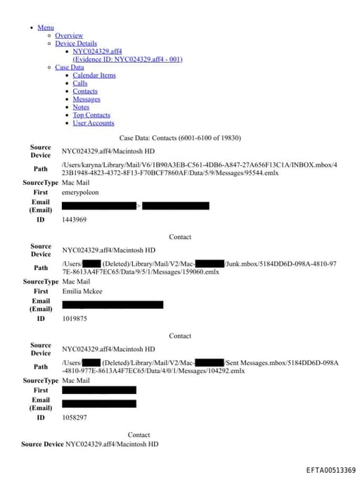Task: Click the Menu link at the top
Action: click(46, 27)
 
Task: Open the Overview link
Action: click(69, 35)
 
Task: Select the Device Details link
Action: click(76, 44)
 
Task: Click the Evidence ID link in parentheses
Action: click(127, 59)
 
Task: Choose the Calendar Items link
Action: click(94, 75)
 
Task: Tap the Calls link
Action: click(80, 83)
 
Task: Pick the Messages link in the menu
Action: click(86, 99)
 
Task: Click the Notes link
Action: click(81, 107)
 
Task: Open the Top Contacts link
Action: click(91, 115)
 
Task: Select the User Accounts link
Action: click(94, 123)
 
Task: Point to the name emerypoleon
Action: click(80, 192)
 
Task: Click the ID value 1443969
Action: click(75, 220)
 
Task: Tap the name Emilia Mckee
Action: click(82, 291)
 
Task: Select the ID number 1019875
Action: click(75, 319)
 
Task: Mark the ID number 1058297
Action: click(75, 417)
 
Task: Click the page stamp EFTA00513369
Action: click(330, 470)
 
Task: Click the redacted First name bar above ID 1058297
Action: click(99, 390)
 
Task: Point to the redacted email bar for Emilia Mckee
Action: click(112, 305)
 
